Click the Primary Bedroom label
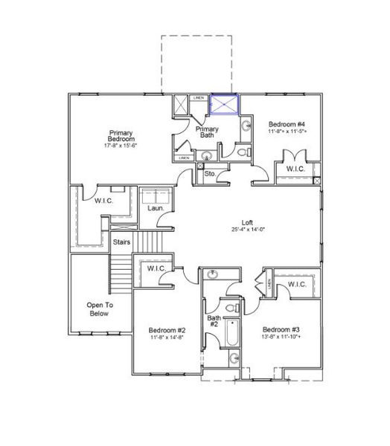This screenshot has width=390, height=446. tap(121, 135)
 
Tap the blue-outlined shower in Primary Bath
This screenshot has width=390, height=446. tap(223, 105)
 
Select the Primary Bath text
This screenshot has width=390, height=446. tap(207, 132)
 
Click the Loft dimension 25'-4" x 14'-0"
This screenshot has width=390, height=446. tap(248, 229)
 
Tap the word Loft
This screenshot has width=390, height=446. tap(248, 222)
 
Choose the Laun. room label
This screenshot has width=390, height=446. tap(156, 208)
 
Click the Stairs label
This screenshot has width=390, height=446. tap(121, 242)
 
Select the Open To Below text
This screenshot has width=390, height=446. tap(99, 309)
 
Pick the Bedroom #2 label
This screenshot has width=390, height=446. tap(167, 330)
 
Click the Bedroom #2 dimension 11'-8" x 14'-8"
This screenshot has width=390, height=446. tap(167, 337)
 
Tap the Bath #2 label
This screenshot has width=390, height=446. tap(213, 320)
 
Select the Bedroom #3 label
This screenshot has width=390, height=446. tap(281, 330)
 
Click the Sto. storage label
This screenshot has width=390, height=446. tap(211, 175)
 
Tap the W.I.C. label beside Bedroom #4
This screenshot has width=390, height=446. tap(295, 169)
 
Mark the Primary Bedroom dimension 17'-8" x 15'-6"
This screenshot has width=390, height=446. tap(121, 146)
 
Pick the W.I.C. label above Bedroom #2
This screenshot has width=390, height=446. tap(156, 268)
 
